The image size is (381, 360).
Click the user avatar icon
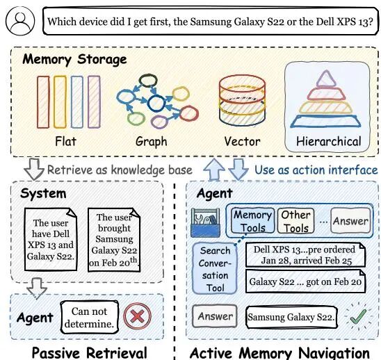pos(20,21)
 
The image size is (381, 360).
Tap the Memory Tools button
pos(252,221)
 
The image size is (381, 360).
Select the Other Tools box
pos(295,221)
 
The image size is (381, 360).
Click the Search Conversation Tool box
pos(215,269)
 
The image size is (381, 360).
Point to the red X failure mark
pos(137,316)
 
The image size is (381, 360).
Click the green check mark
pos(358,316)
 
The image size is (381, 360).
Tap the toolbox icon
pos(206,222)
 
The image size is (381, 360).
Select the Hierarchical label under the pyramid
pos(329,141)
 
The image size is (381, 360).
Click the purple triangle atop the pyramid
pos(326,79)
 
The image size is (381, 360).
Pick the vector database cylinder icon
pos(242,101)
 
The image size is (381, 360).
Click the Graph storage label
pos(151,142)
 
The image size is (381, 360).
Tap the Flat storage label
pos(65,141)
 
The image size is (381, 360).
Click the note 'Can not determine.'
pos(89,317)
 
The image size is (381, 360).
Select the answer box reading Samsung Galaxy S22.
pos(291,317)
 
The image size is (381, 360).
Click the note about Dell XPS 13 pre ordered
pos(305,255)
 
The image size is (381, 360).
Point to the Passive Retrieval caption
pos(90,352)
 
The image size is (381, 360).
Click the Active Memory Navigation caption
pos(279,353)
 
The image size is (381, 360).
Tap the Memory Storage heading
pos(74,60)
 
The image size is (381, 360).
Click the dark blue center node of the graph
pos(156,103)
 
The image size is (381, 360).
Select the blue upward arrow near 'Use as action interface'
pos(214,169)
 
